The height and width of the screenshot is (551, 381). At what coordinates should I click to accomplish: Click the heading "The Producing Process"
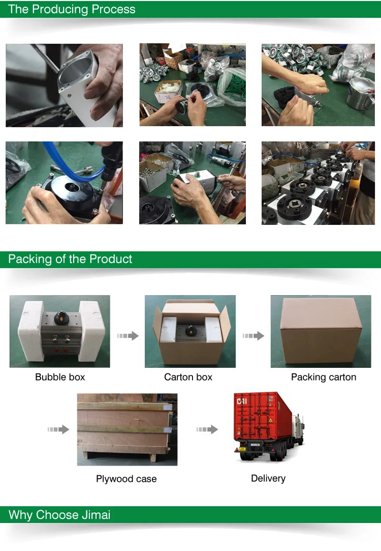point(72,9)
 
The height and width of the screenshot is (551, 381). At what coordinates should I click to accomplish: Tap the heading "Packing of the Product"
point(70,259)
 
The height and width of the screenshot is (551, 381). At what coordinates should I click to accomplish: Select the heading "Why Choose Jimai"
point(59,515)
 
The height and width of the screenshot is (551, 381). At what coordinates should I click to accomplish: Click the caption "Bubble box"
point(60,377)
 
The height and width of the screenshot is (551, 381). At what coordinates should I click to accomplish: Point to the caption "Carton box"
point(188,377)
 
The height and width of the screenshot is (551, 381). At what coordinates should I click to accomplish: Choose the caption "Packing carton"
point(324,378)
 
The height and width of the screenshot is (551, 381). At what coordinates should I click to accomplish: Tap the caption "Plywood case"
point(126,479)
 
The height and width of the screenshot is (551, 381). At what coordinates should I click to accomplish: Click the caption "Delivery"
point(268,478)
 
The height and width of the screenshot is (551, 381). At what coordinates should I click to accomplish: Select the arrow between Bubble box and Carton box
point(128,336)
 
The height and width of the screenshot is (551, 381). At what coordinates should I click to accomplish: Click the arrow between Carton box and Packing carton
point(253,336)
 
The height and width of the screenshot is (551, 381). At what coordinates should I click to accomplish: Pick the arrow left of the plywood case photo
point(58,429)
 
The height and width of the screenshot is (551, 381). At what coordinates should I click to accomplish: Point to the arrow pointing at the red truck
point(207,429)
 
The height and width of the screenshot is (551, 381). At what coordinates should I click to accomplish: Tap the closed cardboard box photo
point(321,331)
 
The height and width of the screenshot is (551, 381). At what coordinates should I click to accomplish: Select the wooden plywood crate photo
point(128,429)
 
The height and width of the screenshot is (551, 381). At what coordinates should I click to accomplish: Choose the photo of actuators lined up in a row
point(318,183)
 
